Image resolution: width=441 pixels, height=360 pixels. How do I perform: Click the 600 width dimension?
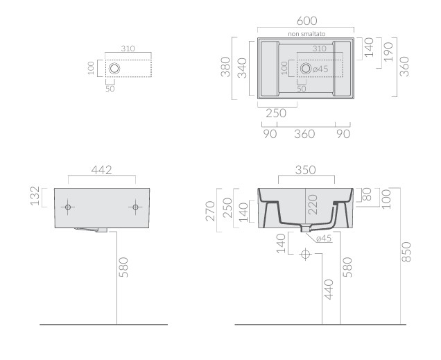(306, 22)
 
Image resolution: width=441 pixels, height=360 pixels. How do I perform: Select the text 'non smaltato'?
(306, 33)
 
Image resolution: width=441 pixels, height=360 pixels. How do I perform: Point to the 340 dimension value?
(242, 67)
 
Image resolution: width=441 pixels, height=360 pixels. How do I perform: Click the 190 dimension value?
(388, 50)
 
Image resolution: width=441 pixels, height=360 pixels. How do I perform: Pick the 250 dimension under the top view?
(276, 114)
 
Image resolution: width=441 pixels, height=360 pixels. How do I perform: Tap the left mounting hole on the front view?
(69, 207)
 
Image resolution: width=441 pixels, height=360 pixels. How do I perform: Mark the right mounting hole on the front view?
(135, 207)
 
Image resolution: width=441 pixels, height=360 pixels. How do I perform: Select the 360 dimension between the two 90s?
(306, 134)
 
